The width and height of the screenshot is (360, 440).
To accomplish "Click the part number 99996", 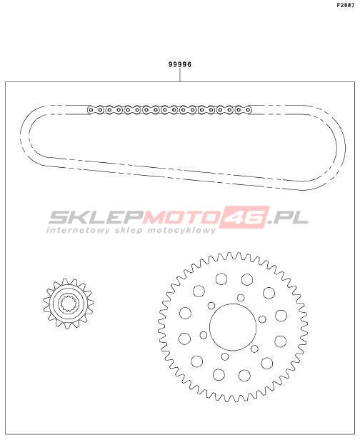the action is coord(180,64).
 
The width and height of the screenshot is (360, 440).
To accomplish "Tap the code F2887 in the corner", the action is coord(346,5).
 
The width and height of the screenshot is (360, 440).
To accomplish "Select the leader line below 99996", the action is coord(180,75).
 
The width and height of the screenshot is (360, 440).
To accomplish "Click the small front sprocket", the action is coord(69,304).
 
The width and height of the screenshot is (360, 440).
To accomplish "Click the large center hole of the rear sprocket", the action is coord(233,327).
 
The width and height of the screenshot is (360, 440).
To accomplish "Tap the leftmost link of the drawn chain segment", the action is coord(90,110).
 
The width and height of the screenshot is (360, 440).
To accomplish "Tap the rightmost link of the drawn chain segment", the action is coord(248,110).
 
